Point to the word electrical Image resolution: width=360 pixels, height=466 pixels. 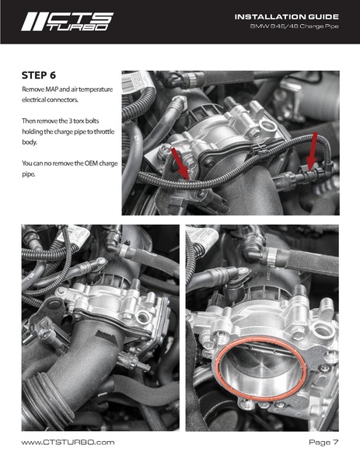pyautogui.click(x=40, y=102)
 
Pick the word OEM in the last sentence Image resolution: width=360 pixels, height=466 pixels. pyautogui.click(x=84, y=163)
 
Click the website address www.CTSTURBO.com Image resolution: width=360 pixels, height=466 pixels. pyautogui.click(x=68, y=442)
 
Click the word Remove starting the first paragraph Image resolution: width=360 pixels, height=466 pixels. pyautogui.click(x=33, y=91)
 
